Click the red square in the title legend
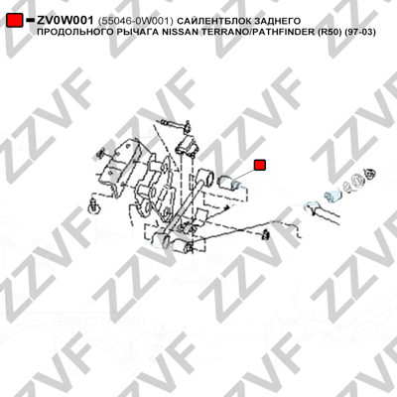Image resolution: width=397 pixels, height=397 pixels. pos(15,21)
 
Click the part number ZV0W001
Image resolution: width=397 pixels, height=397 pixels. pos(66,21)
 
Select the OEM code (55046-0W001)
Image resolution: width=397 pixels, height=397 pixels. pos(136,21)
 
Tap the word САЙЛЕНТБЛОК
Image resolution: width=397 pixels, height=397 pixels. pos(214,21)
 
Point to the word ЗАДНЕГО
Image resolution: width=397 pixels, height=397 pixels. pos(277,21)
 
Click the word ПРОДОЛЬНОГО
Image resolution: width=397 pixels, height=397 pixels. pos(73,33)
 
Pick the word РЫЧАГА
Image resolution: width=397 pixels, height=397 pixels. pos(135,33)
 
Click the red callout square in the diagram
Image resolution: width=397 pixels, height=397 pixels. pos(260,165)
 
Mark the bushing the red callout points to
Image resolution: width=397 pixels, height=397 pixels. pos(230,183)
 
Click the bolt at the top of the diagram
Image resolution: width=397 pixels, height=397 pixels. pos(176,124)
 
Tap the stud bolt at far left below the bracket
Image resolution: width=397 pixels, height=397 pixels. pos(94,206)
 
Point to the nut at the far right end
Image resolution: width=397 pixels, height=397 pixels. pos(369,173)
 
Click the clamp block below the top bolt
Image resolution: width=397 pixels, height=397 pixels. pos(188,145)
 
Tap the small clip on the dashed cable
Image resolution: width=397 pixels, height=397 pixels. pos(265,235)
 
